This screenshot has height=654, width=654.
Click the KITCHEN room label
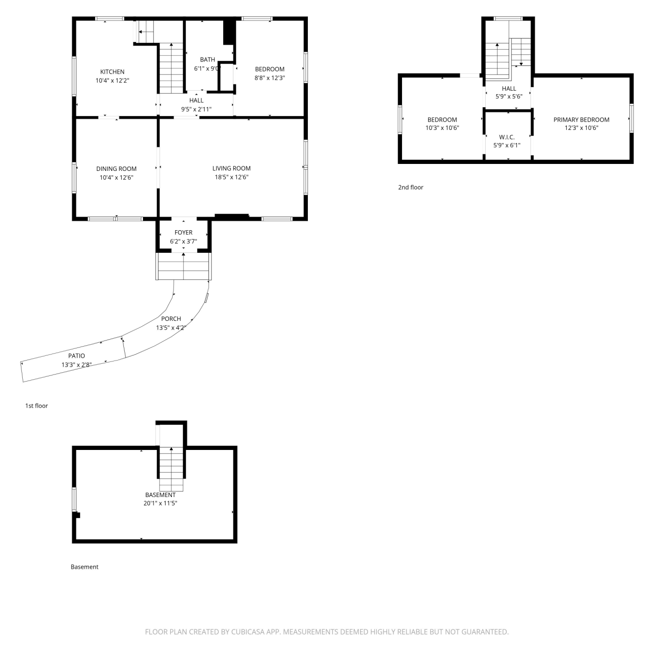coord(112,72)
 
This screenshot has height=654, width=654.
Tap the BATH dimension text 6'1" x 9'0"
coord(208,68)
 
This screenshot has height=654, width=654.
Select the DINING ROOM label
coord(116,169)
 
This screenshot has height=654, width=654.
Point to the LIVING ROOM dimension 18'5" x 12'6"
coord(232,177)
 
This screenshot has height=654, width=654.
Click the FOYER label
coord(184,232)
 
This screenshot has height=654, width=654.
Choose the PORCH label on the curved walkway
coord(171,319)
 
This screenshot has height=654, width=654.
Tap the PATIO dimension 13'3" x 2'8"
coord(76,364)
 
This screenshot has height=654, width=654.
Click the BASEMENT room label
coord(160,495)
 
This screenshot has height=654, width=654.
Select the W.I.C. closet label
coord(507,137)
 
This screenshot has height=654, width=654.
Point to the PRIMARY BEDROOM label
coord(582,119)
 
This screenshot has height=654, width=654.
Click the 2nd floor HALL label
coord(509,89)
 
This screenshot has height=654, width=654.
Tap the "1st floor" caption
coord(37,406)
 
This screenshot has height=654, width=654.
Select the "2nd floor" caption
coord(411,187)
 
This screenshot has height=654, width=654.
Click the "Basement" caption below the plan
coord(85,567)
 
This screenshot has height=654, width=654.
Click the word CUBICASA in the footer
coord(248,632)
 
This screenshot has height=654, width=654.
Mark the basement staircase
coord(171,469)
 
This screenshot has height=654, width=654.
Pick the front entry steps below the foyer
coord(184,266)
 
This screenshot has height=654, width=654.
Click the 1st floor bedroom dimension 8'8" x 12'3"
coord(270,78)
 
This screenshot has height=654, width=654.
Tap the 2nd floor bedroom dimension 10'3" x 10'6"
coord(442,128)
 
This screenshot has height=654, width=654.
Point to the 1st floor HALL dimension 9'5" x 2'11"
coord(197,109)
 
